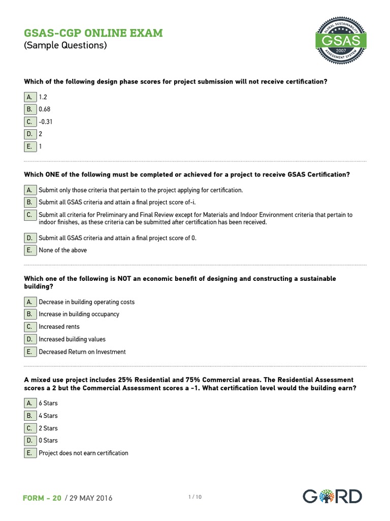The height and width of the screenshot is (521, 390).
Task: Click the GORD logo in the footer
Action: tap(332, 496)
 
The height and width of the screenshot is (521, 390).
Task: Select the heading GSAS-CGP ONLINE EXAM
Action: tap(93, 33)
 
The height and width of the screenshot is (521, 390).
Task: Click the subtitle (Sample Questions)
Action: tap(66, 46)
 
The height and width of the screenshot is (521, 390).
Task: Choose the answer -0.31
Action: tap(46, 122)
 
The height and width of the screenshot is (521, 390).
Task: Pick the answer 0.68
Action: tap(45, 109)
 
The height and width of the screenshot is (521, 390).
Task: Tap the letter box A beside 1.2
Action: tap(30, 97)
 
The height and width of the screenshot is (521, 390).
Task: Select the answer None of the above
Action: tap(62, 250)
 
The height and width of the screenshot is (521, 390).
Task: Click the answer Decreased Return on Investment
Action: tap(82, 352)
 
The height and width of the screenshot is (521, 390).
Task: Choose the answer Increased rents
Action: tap(59, 327)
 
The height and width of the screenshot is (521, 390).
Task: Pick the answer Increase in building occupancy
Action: tap(79, 314)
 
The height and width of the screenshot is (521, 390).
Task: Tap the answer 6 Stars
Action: tap(48, 403)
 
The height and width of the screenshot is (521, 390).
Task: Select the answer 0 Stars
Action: tap(48, 441)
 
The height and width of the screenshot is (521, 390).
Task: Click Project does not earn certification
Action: tap(83, 453)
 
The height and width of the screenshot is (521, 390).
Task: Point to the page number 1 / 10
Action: tap(195, 497)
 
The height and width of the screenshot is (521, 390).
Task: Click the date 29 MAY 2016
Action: tap(89, 498)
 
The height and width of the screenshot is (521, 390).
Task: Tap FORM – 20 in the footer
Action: tap(42, 498)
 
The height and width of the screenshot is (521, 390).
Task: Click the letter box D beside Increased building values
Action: tap(30, 339)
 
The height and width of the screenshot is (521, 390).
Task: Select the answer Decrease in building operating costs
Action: tap(86, 302)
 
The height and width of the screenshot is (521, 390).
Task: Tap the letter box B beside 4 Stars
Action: tap(30, 416)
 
